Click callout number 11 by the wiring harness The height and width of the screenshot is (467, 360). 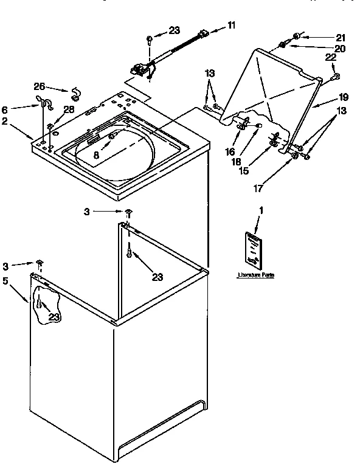point(231,25)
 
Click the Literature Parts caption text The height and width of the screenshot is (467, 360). point(255,275)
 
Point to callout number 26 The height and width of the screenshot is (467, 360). point(39,86)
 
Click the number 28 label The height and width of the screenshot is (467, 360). point(69,109)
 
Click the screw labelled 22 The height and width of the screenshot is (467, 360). point(335,77)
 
